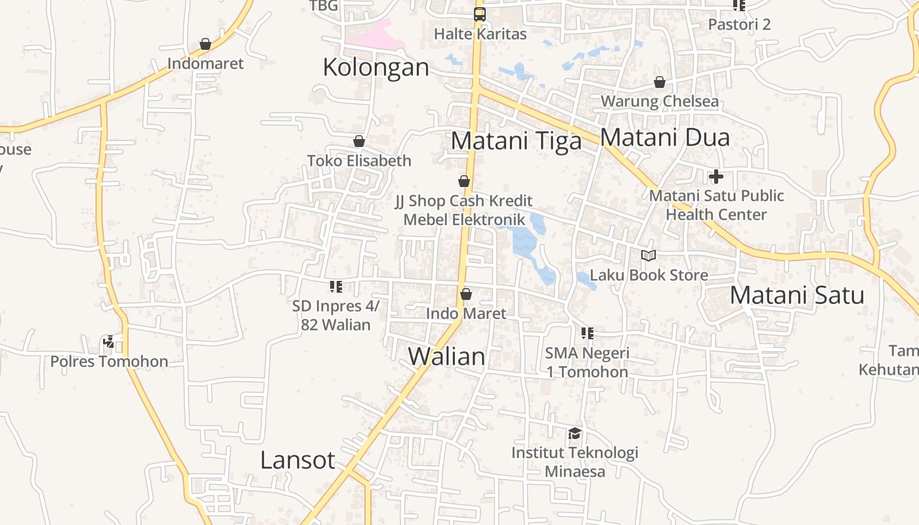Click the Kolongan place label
coord(375,68)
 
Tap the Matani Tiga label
coord(516,141)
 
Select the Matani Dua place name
coord(664,137)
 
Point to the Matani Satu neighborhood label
coord(796,295)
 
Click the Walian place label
coord(446,356)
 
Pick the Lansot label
coord(297,460)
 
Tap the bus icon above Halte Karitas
coord(480,14)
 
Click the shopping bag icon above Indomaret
coord(205,44)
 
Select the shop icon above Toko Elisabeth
coord(359,141)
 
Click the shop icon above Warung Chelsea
coord(660,82)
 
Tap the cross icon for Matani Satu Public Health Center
coord(716,176)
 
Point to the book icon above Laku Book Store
coord(649,255)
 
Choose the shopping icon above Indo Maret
coord(466,294)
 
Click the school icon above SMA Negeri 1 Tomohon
coord(588,333)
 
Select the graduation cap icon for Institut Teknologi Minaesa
coord(575,433)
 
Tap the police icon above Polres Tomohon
coord(109,342)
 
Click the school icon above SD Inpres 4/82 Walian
coord(336,286)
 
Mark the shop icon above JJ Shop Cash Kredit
coord(464,181)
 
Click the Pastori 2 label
coord(739,24)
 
